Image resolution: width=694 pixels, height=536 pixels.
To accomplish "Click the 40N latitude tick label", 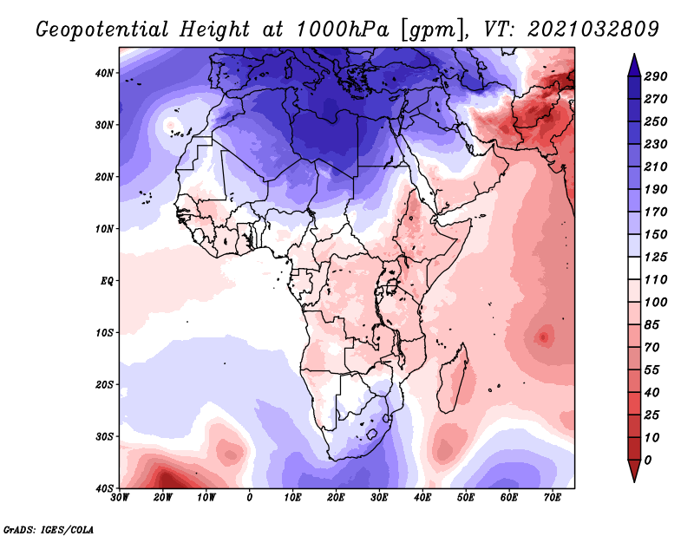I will [x=104, y=73].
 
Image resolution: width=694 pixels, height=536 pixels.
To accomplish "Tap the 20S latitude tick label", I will [x=104, y=384].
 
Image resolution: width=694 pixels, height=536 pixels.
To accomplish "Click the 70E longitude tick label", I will [x=553, y=498].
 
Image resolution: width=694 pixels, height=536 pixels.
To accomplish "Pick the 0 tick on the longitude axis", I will [x=250, y=498].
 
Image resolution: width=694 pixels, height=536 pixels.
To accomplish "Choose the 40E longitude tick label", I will [x=422, y=498].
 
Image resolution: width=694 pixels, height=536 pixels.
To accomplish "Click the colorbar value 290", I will [x=656, y=77].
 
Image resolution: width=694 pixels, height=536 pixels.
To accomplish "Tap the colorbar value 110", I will [x=656, y=281].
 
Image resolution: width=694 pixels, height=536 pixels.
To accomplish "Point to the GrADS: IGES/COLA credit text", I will [x=49, y=528].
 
